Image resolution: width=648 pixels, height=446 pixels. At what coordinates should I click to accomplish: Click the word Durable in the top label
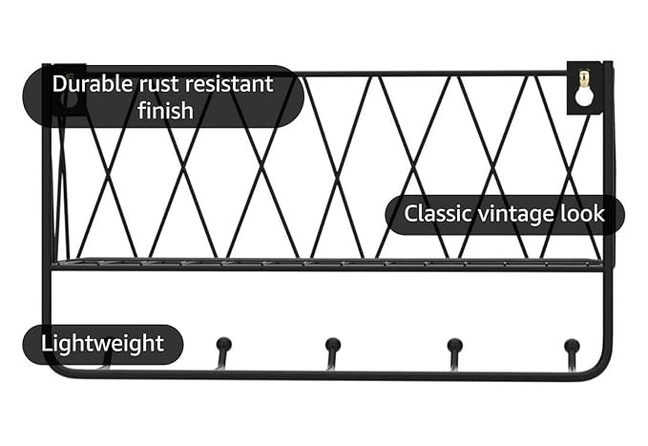click(92, 83)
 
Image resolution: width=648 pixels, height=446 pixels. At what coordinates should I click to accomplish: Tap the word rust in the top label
click(157, 83)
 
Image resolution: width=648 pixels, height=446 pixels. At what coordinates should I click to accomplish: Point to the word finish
click(165, 111)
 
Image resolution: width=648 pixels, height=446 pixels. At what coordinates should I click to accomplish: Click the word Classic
click(436, 213)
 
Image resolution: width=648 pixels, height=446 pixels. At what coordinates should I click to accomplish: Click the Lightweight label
click(103, 344)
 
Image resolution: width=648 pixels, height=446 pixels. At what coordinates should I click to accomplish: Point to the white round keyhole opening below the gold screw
click(583, 96)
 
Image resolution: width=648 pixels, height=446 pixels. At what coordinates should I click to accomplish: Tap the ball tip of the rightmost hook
click(571, 345)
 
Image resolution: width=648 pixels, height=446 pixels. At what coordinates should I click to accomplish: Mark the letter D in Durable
click(59, 83)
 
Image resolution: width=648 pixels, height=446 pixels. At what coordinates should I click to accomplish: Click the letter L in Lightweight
click(46, 344)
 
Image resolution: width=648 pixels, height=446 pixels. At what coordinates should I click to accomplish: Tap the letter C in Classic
click(411, 213)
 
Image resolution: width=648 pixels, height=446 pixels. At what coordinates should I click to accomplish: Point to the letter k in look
click(599, 213)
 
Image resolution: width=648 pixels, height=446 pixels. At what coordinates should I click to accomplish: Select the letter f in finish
click(142, 110)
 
